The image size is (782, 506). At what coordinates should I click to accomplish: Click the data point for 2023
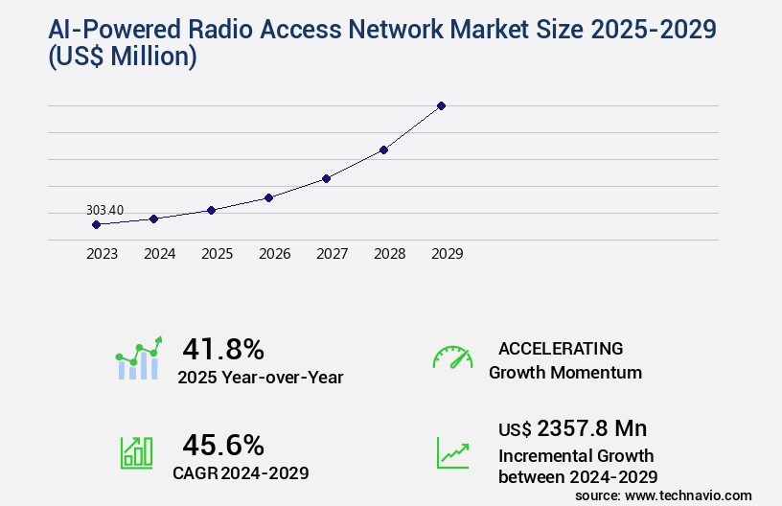pyautogui.click(x=96, y=224)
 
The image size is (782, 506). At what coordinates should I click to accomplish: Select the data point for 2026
pyautogui.click(x=269, y=197)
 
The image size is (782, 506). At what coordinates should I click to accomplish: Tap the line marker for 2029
pyautogui.click(x=441, y=105)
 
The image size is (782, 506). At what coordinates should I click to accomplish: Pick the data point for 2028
pyautogui.click(x=383, y=149)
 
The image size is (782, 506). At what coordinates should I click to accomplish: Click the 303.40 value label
pyautogui.click(x=104, y=210)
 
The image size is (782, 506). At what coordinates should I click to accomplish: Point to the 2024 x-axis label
pyautogui.click(x=159, y=254)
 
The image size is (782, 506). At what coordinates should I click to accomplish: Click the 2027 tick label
pyautogui.click(x=332, y=254)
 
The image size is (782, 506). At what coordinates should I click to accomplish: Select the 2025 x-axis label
pyautogui.click(x=217, y=254)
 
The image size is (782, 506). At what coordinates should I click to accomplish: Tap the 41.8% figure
pyautogui.click(x=223, y=349)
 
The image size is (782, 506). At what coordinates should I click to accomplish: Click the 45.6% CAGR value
pyautogui.click(x=223, y=445)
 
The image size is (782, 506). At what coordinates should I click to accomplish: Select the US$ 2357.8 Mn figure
pyautogui.click(x=572, y=427)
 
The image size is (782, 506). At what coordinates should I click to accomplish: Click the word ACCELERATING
pyautogui.click(x=561, y=349)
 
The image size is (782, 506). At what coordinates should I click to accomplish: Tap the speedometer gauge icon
pyautogui.click(x=452, y=357)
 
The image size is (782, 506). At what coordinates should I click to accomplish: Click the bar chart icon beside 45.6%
pyautogui.click(x=136, y=452)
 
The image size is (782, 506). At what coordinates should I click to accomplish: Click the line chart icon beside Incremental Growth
pyautogui.click(x=452, y=452)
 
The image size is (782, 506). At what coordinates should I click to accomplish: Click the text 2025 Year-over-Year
pyautogui.click(x=260, y=378)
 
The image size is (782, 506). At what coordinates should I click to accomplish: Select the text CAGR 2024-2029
pyautogui.click(x=241, y=472)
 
